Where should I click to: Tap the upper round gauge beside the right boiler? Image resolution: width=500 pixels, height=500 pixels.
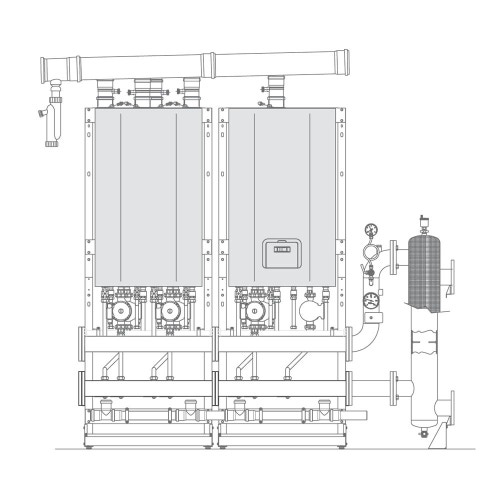[x=372, y=251]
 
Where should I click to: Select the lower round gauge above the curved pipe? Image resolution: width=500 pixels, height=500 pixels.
[x=372, y=297]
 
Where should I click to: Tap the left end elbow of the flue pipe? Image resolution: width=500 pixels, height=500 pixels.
[x=50, y=71]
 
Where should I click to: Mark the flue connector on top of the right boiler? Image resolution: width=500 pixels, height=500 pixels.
[x=273, y=92]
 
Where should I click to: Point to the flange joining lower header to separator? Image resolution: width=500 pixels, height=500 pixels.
[x=395, y=384]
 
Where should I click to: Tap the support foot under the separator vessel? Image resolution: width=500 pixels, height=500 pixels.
[x=431, y=445]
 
